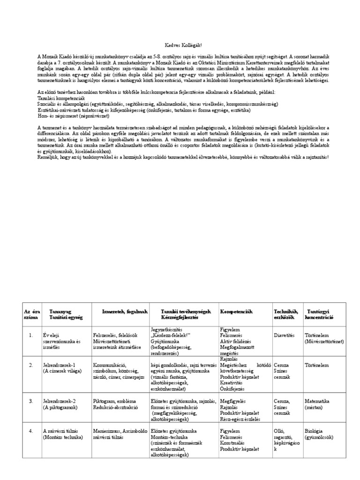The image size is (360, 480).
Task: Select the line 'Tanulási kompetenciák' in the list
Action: (61, 98)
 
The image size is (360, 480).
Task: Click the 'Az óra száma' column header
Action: (30, 314)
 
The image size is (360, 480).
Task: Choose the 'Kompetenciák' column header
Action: (236, 311)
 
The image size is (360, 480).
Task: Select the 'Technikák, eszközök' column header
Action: (285, 314)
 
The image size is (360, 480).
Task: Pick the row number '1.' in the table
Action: (30, 336)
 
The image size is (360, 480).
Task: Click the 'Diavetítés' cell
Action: (284, 336)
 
